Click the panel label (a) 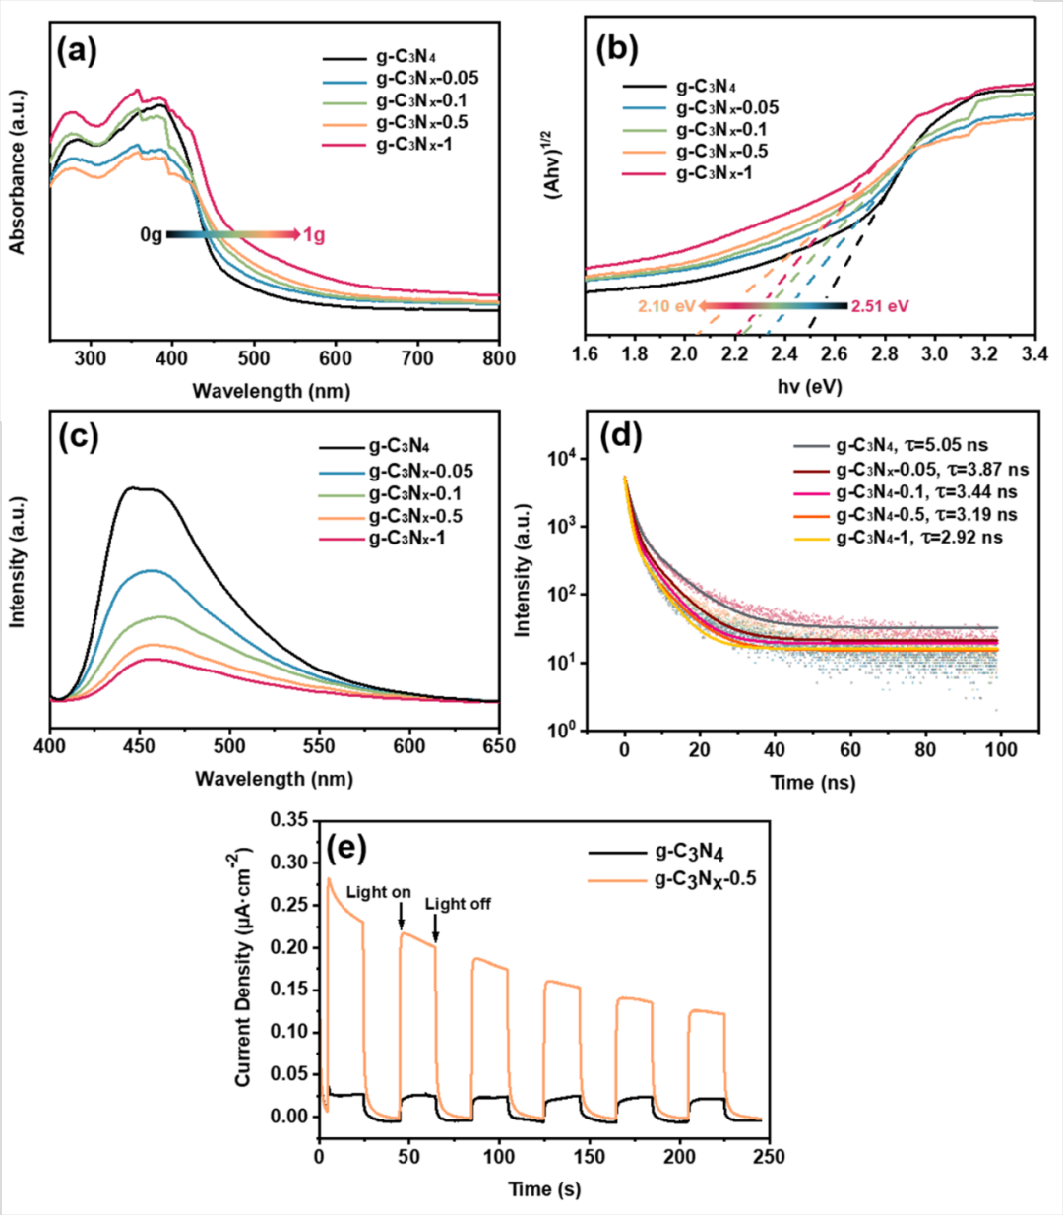pos(78,50)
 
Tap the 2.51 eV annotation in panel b pos(880,306)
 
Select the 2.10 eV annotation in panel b pos(666,306)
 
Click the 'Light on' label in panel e pos(378,892)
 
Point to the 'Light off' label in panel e pos(458,904)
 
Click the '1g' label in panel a pos(313,235)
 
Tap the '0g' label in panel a pos(151,235)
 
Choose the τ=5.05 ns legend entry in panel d pos(911,446)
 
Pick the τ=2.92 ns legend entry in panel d pos(919,538)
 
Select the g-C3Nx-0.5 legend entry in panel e pos(706,878)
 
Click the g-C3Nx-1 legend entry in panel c pos(406,539)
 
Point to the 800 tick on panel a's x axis pos(499,358)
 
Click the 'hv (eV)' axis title pos(810,387)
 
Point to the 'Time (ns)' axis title pos(812,783)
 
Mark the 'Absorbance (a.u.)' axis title pos(18,172)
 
